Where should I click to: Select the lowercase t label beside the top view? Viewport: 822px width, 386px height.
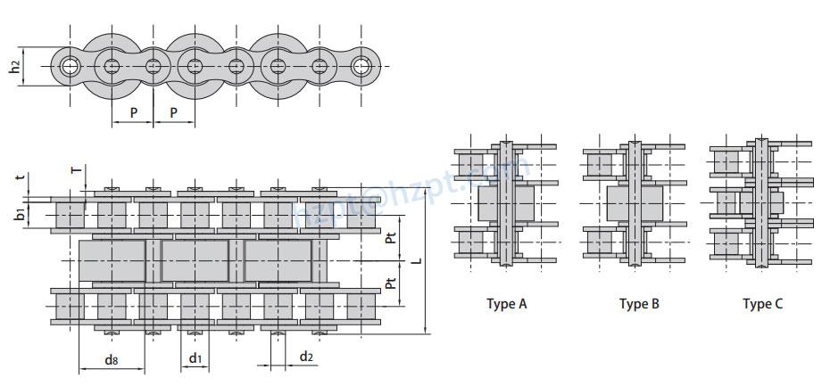[x=20, y=177]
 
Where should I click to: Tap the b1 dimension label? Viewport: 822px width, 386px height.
[x=20, y=214]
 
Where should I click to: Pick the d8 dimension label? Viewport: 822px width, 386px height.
[x=112, y=359]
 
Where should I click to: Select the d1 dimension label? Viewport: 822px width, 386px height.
[x=195, y=358]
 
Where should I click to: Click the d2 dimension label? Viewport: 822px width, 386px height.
[x=306, y=357]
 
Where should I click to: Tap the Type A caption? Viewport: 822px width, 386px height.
[x=506, y=304]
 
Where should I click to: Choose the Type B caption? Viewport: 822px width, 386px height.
[x=639, y=304]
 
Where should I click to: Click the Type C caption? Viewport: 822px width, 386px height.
[x=762, y=304]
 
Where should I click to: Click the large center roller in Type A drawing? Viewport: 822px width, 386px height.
[x=505, y=204]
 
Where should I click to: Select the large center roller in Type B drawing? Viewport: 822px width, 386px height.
[x=635, y=204]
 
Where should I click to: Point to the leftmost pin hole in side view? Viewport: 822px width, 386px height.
[x=69, y=66]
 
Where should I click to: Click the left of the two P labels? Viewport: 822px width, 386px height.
[x=134, y=113]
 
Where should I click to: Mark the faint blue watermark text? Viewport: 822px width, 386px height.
[x=411, y=192]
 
